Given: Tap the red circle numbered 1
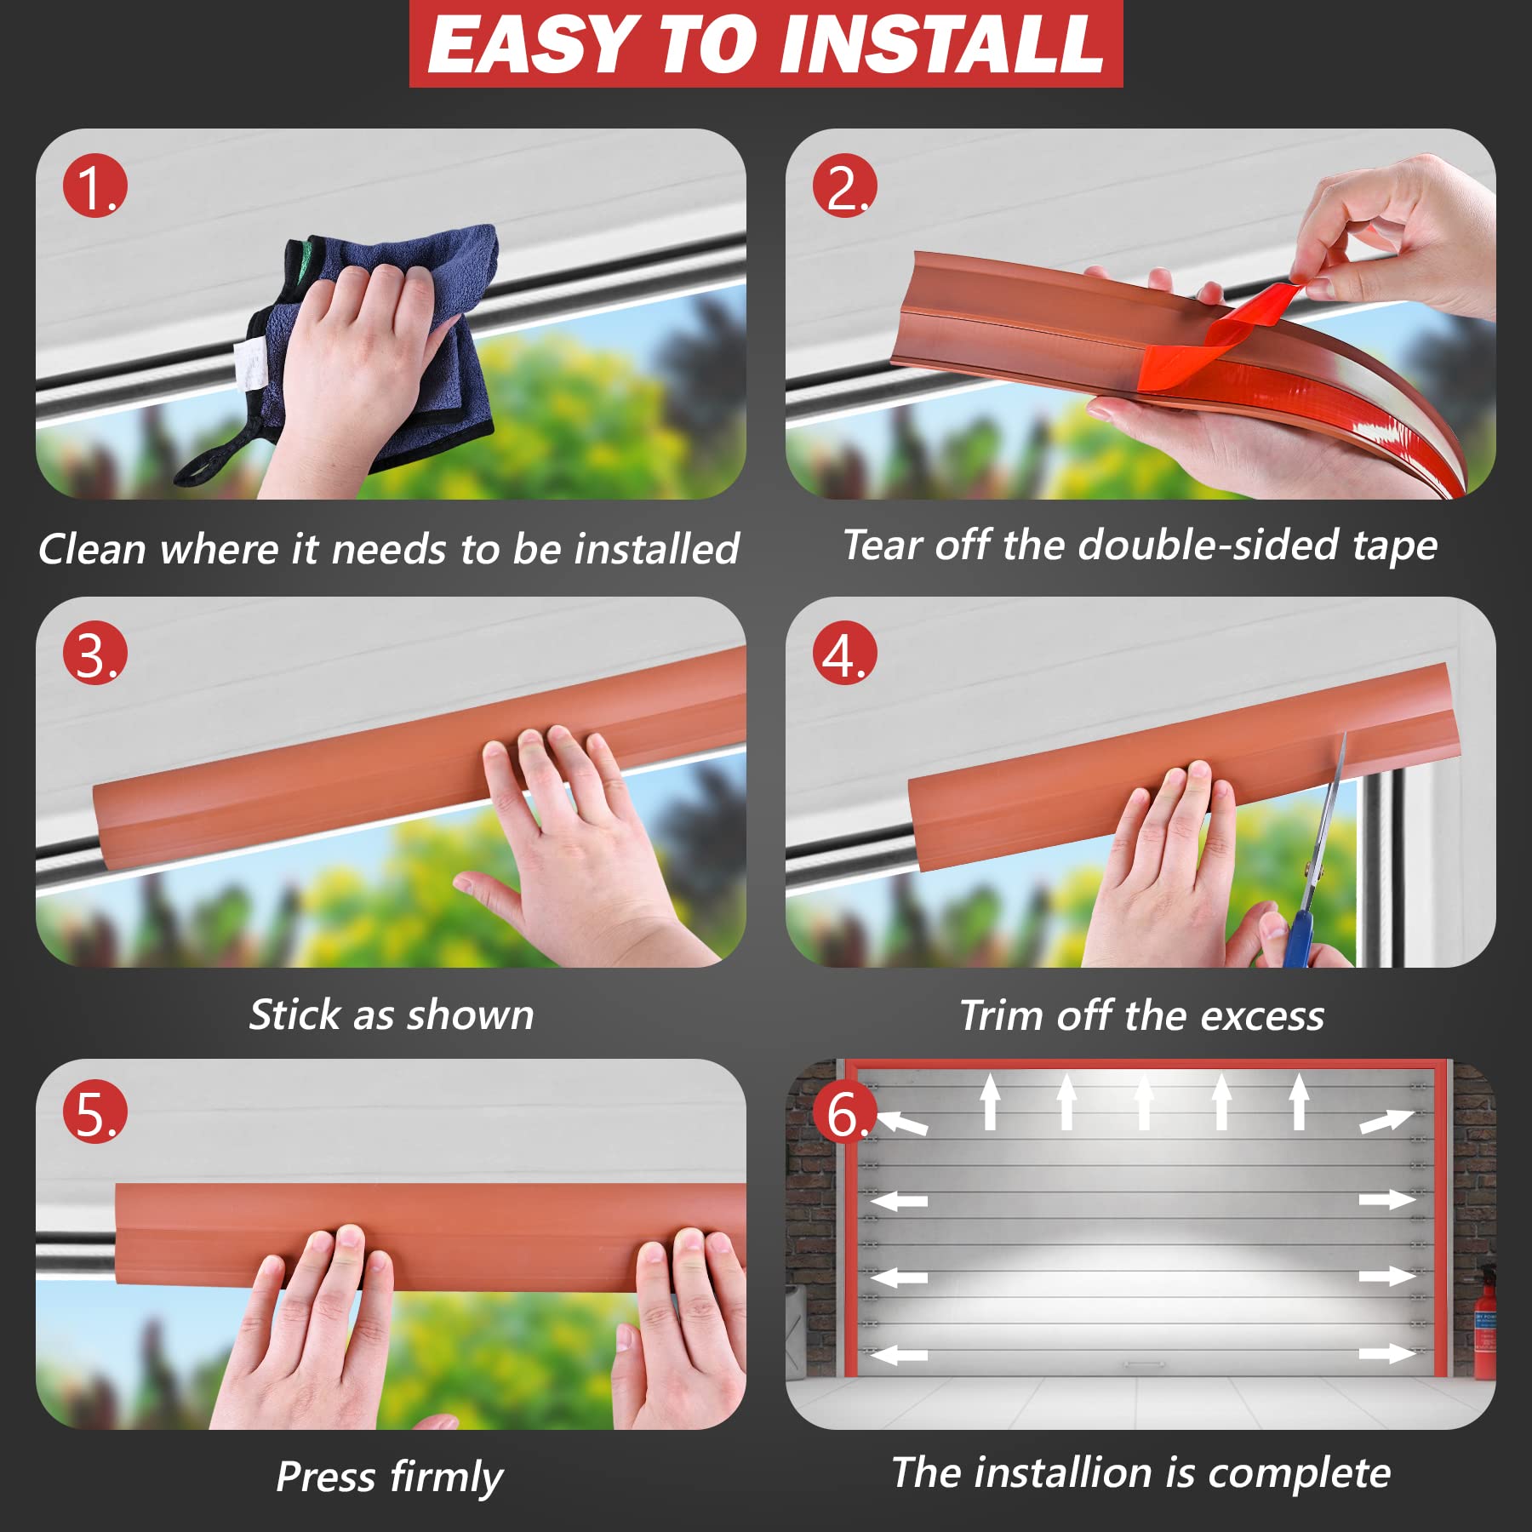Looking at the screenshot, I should click(94, 186).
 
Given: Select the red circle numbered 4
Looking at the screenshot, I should click(843, 655).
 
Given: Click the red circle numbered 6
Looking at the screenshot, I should click(843, 1112).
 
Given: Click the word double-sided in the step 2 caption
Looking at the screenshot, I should click(1208, 545).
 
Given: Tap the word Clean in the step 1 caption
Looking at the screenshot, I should click(92, 549).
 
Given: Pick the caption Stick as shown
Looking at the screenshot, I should click(392, 1015).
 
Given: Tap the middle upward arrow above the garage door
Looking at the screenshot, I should click(1144, 1102).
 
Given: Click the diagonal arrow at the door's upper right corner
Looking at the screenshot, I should click(1386, 1121).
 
